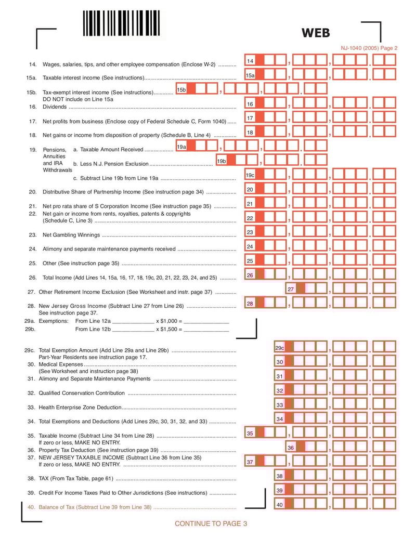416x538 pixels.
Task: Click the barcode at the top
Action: click(x=121, y=23)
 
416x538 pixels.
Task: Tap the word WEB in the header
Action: click(x=316, y=33)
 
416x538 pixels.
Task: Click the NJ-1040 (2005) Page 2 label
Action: click(x=369, y=48)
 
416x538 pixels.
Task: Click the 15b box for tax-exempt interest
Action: click(x=181, y=90)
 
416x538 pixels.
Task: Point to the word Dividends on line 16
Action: click(x=55, y=107)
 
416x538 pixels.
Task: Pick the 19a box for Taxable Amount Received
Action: click(x=181, y=147)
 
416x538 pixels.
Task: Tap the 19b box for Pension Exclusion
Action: click(x=222, y=162)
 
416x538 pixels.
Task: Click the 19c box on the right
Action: click(x=250, y=176)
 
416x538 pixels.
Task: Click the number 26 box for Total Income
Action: click(x=250, y=275)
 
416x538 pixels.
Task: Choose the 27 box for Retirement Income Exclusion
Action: click(x=291, y=289)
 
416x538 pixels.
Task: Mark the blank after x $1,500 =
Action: click(x=206, y=330)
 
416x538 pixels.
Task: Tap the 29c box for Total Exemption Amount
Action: click(x=280, y=348)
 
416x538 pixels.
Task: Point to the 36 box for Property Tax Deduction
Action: click(x=291, y=448)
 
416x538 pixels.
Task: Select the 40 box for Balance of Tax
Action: click(x=280, y=505)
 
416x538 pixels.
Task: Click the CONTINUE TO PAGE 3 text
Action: click(x=211, y=523)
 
